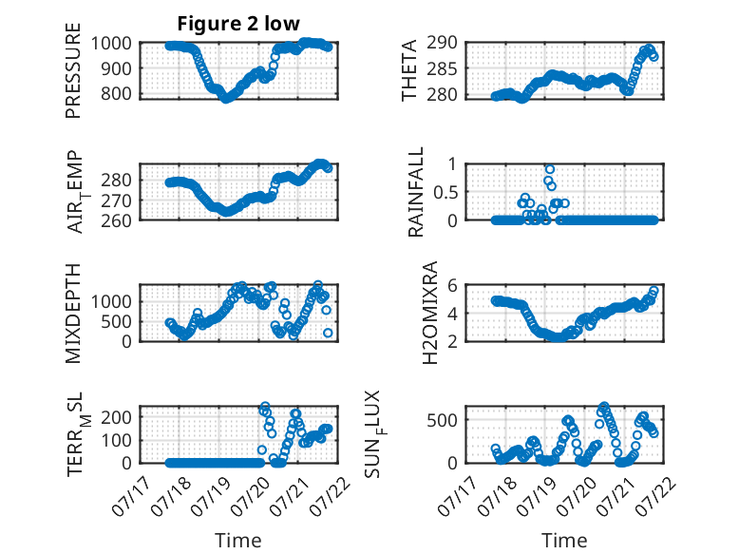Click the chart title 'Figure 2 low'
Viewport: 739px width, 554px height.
click(x=238, y=24)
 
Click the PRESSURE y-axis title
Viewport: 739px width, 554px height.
click(x=73, y=70)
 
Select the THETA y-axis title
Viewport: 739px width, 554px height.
click(x=409, y=70)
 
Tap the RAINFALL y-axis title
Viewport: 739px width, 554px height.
click(x=416, y=192)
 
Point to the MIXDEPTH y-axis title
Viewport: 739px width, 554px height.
click(x=73, y=314)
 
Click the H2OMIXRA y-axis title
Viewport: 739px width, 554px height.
click(x=430, y=313)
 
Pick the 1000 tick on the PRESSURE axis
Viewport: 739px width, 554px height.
click(x=111, y=44)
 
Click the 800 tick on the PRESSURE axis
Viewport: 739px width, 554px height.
click(x=116, y=93)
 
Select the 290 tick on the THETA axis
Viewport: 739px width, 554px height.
click(x=442, y=43)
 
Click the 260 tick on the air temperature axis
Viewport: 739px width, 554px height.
click(x=116, y=220)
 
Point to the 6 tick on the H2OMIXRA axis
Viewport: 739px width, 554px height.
click(x=452, y=285)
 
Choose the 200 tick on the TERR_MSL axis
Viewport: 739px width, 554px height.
click(x=116, y=417)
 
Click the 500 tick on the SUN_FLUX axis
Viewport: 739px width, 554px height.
click(x=442, y=420)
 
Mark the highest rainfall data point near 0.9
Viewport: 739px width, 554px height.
click(x=550, y=169)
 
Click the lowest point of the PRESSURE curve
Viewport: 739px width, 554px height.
click(x=226, y=99)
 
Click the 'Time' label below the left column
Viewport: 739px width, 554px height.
click(x=238, y=541)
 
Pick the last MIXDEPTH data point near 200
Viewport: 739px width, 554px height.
click(x=328, y=333)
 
